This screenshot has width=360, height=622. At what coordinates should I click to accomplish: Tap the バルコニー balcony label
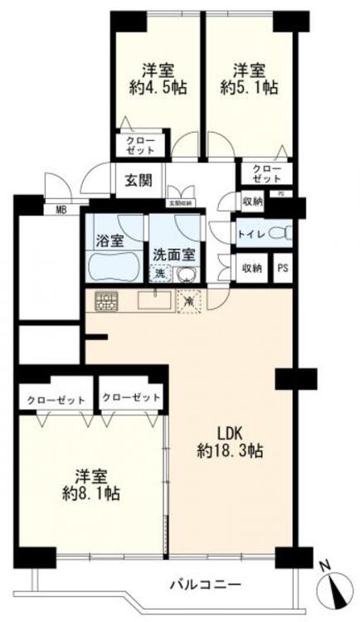click(x=194, y=583)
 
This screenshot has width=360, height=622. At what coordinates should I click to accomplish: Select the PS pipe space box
click(x=283, y=268)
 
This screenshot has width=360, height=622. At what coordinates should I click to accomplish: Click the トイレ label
click(x=251, y=234)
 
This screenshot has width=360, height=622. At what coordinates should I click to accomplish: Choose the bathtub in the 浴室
click(x=114, y=267)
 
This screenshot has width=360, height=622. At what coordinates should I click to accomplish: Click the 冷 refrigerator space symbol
click(x=189, y=302)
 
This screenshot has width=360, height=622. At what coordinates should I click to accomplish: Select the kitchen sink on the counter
click(x=153, y=300)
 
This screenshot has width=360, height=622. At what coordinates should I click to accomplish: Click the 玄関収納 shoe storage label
click(x=179, y=202)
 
